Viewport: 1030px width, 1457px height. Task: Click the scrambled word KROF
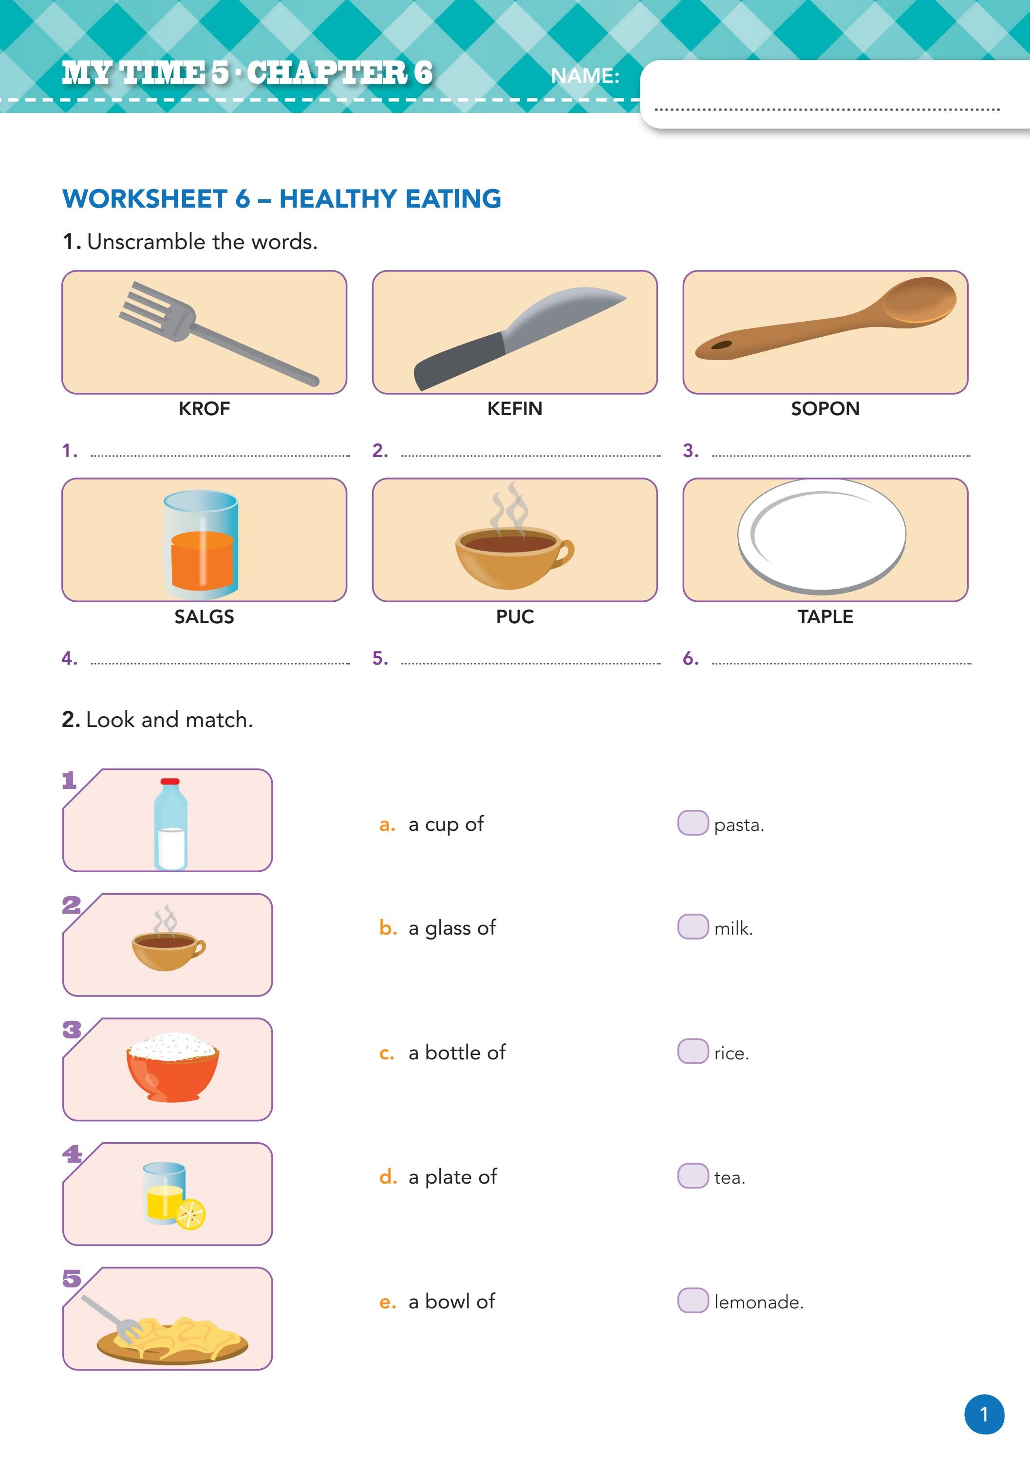pos(204,409)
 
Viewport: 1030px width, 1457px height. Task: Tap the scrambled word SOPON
pos(824,409)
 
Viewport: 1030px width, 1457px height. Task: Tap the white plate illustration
pos(822,536)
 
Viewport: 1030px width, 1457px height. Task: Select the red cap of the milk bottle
pos(170,782)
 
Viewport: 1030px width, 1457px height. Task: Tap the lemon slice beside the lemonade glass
pos(191,1214)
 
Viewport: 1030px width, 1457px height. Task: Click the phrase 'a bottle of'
pos(457,1052)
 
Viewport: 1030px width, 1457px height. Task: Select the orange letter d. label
pos(387,1177)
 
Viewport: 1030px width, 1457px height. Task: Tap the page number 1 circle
pos(984,1415)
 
